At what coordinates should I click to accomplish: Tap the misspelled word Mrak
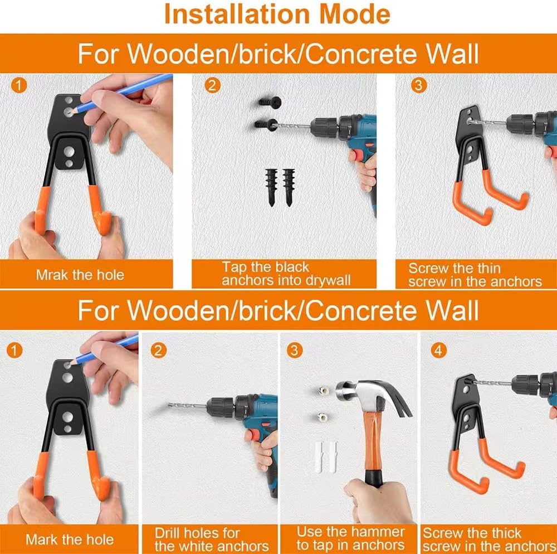point(51,274)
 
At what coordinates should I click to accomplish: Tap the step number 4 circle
point(439,351)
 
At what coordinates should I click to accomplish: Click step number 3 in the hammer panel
point(294,351)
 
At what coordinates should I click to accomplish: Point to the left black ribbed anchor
point(270,187)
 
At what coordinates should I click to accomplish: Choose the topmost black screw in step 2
point(270,102)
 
